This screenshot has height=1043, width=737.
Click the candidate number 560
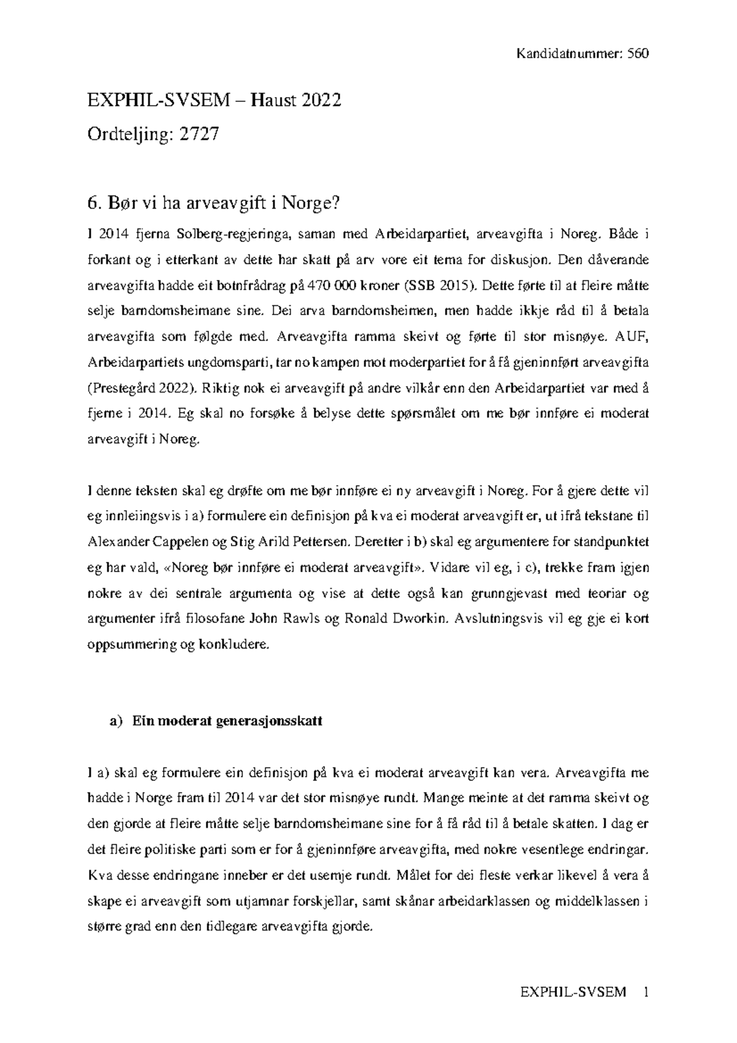638,53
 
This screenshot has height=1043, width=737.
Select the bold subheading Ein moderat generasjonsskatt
227,722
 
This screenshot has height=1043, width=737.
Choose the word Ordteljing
127,135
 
